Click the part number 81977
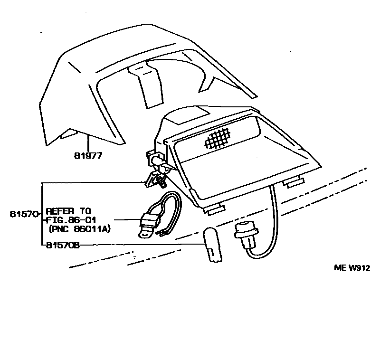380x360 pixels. (x=88, y=155)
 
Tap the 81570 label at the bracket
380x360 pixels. (x=23, y=214)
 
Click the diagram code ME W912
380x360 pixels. (x=352, y=267)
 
